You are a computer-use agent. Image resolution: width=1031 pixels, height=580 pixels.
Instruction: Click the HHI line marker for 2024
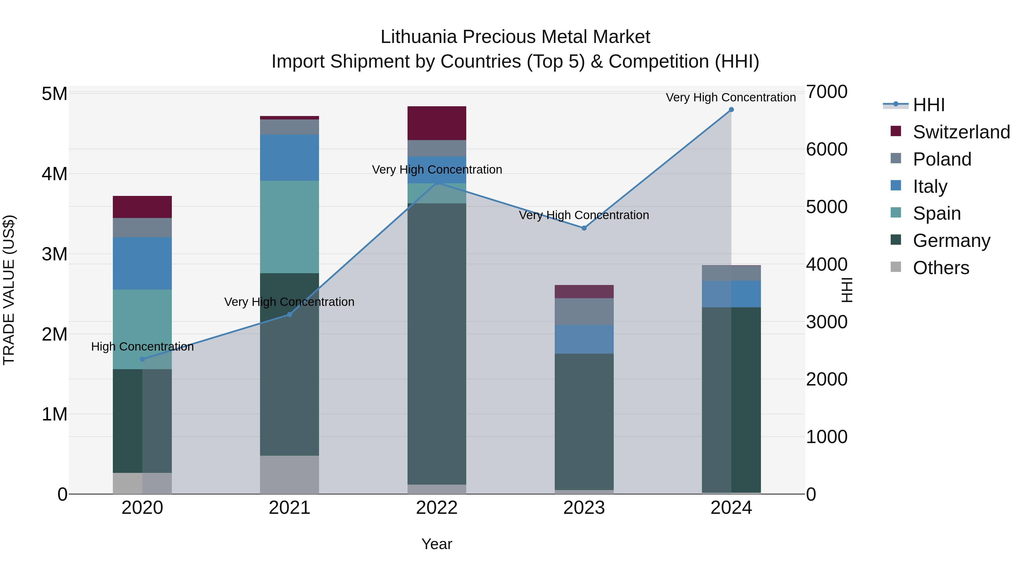[731, 110]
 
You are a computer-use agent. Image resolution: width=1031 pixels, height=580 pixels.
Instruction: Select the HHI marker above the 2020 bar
[143, 359]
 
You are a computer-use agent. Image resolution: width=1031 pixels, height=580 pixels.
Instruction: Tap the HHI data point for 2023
[584, 228]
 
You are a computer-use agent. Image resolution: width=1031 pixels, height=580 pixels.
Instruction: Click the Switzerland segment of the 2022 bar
[437, 123]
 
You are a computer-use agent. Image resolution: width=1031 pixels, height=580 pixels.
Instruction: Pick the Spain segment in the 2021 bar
[289, 227]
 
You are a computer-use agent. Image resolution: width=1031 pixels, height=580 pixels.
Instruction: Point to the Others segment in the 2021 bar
[289, 474]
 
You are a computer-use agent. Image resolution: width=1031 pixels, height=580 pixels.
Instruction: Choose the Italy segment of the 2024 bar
[731, 294]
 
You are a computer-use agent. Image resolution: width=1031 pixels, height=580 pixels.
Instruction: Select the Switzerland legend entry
[961, 132]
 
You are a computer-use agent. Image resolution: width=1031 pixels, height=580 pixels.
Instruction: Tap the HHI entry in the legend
[928, 105]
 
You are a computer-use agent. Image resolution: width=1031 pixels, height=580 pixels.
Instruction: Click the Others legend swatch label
[941, 268]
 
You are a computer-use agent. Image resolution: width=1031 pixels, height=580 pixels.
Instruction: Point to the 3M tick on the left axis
[54, 254]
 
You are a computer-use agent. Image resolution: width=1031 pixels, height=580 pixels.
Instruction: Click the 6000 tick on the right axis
[827, 149]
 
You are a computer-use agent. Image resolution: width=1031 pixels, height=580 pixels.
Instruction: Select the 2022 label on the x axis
[437, 508]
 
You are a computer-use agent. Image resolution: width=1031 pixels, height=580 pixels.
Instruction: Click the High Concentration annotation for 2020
[143, 347]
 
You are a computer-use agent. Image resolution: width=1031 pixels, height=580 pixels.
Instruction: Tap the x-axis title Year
[437, 544]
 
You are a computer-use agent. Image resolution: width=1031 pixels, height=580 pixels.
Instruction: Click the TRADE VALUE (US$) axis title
[9, 290]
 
